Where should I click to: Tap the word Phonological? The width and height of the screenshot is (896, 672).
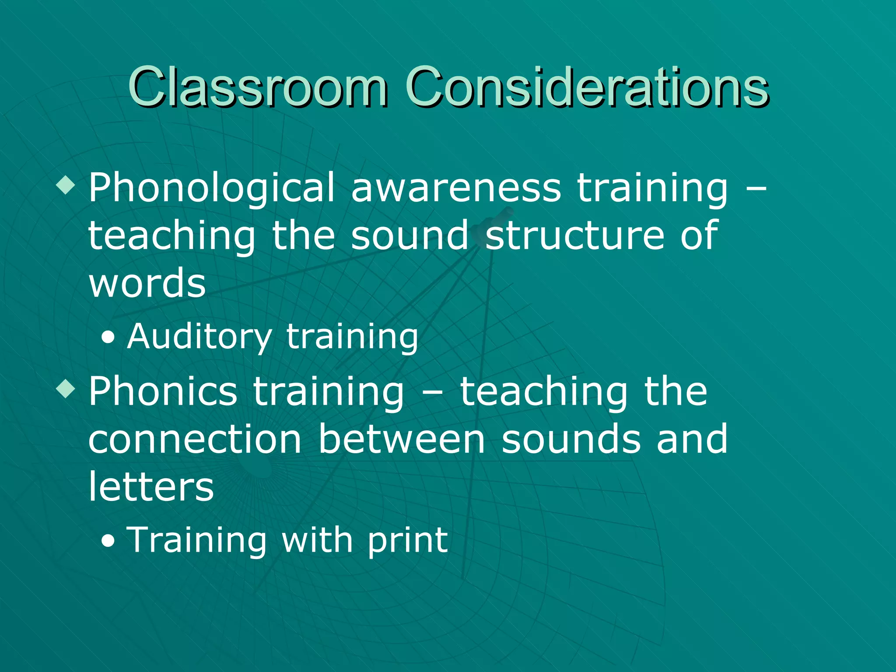tap(212, 188)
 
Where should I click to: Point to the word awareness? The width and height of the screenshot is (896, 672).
tap(456, 188)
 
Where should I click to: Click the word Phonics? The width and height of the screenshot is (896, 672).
tap(163, 392)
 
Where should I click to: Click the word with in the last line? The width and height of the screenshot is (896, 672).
tap(317, 540)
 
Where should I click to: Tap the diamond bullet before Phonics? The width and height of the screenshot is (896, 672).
tap(66, 389)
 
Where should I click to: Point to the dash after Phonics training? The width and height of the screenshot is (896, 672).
tap(432, 392)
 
